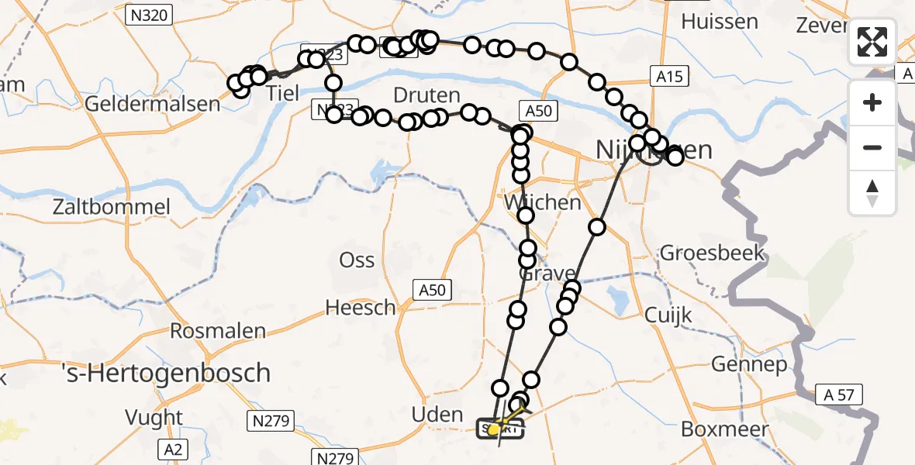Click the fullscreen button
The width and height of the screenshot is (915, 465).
[872, 42]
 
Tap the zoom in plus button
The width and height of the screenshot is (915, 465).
[872, 103]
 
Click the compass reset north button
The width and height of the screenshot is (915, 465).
[872, 191]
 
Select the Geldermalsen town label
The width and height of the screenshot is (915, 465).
[153, 103]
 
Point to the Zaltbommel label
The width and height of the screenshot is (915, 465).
[112, 207]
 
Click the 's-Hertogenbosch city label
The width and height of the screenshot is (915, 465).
[166, 374]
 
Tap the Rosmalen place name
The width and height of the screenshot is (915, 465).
[217, 331]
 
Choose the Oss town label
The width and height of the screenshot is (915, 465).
[357, 260]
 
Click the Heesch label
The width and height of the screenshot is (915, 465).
[361, 308]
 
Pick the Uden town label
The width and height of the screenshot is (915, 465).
[437, 415]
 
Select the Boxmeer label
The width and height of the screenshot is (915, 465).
[725, 429]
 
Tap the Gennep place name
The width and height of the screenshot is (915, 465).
[749, 364]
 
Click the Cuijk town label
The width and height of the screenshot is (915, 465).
[668, 315]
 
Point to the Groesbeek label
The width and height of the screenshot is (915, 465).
[713, 253]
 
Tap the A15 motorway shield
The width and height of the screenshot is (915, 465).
[667, 76]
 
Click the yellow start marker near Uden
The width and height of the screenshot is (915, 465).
[494, 429]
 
